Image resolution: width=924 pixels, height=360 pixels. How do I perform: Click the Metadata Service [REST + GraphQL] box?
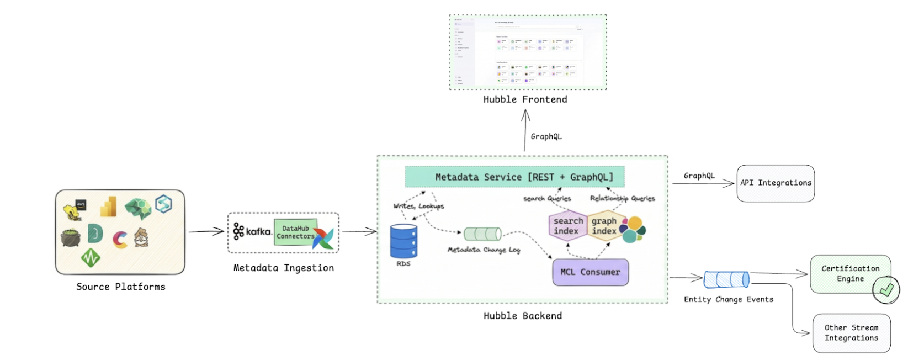(514, 177)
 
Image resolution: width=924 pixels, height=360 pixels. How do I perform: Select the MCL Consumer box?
(590, 272)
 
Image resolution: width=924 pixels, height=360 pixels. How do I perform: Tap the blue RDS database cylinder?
(403, 241)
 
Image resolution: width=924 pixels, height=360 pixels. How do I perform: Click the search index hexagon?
(567, 226)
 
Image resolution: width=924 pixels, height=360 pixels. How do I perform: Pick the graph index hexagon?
(604, 226)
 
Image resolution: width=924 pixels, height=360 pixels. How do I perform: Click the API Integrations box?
(776, 183)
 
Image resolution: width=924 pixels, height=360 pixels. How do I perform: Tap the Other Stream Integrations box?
(851, 333)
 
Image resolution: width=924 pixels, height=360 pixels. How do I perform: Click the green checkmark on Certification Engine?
(886, 289)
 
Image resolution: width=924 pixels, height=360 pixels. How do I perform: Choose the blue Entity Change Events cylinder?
(726, 279)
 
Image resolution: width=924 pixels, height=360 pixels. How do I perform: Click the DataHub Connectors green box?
(295, 232)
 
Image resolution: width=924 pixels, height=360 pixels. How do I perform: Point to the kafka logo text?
(258, 232)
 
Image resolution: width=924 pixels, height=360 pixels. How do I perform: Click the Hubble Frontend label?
(525, 99)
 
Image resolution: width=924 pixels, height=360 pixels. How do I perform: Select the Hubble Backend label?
(522, 316)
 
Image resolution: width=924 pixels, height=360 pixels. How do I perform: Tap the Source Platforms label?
(120, 287)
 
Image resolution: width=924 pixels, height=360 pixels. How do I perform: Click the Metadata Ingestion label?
(283, 268)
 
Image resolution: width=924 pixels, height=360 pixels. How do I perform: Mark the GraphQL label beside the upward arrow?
(546, 136)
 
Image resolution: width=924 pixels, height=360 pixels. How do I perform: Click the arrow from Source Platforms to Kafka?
(206, 231)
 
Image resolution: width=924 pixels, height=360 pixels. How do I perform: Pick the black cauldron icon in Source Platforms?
(71, 238)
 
